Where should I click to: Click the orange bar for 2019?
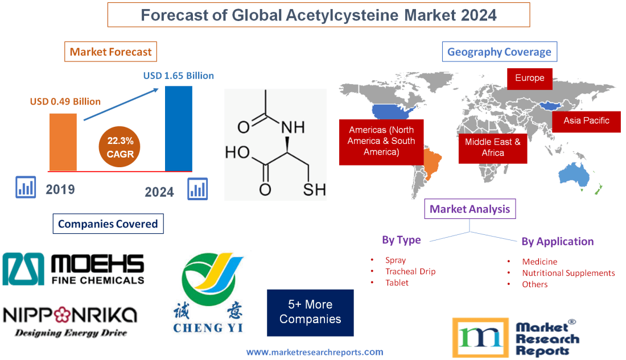pos(63,142)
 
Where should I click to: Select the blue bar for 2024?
pos(178,128)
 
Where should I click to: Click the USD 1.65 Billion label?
pos(178,75)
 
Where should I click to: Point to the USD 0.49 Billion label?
pos(65,102)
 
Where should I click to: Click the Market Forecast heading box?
pos(110,52)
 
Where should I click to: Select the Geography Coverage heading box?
pos(499,52)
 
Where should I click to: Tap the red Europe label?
pos(529,78)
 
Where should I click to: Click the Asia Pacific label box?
pos(586,121)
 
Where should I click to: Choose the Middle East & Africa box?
pos(492,147)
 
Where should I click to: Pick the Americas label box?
pos(381,141)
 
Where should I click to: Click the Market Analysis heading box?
pos(470,209)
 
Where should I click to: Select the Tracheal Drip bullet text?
pos(410,271)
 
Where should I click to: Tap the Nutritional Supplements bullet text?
pos(568,273)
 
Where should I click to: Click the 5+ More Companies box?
pos(310,312)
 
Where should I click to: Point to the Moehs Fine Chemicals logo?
pos(73,269)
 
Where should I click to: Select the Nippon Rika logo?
pos(70,321)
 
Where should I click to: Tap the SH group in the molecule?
pos(314,190)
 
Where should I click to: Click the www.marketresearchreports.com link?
pos(315,352)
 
